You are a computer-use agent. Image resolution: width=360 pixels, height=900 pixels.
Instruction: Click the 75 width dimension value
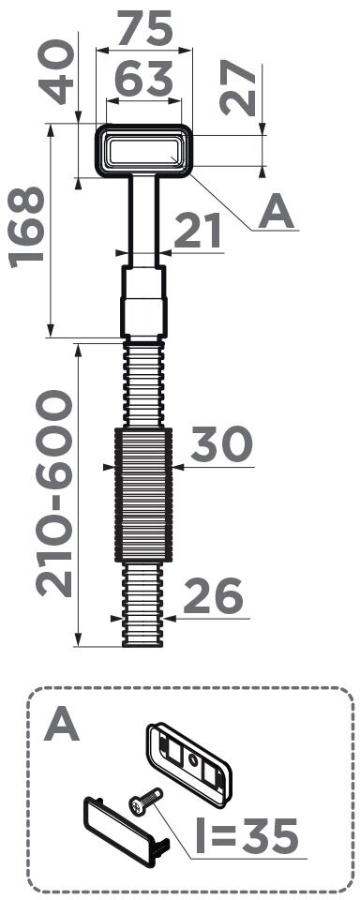pyautogui.click(x=144, y=28)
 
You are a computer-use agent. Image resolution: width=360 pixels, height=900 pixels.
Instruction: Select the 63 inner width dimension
pyautogui.click(x=144, y=79)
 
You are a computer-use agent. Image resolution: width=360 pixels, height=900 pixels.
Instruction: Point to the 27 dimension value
pyautogui.click(x=238, y=87)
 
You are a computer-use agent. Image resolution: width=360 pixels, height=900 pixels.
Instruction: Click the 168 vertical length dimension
pyautogui.click(x=26, y=227)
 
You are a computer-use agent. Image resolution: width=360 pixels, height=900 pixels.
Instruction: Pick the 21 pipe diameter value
pyautogui.click(x=198, y=231)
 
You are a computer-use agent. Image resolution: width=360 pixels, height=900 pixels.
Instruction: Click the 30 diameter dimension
pyautogui.click(x=221, y=444)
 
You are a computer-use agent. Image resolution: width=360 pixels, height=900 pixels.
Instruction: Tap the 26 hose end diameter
pyautogui.click(x=213, y=596)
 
